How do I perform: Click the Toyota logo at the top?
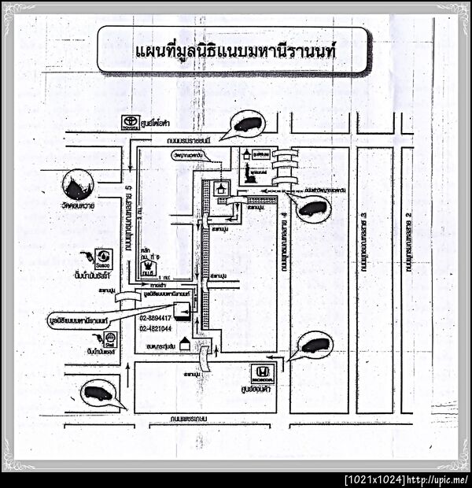(129, 122)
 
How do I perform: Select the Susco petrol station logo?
(103, 257)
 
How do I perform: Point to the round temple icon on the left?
(78, 185)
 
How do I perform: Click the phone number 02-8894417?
(157, 318)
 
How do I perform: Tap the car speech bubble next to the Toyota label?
(246, 124)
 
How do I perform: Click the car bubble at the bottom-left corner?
(99, 393)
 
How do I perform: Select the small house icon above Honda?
(186, 344)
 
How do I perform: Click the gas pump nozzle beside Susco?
(85, 256)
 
